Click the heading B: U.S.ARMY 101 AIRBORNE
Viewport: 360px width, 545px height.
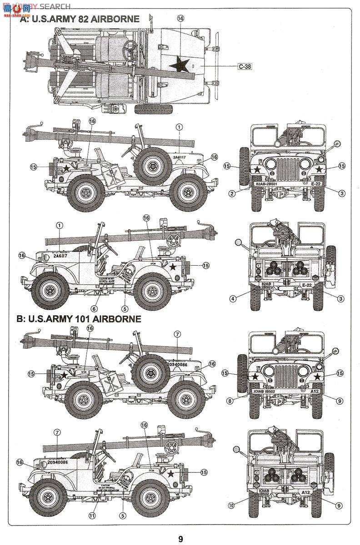(79, 319)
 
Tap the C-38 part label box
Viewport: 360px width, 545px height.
(244, 66)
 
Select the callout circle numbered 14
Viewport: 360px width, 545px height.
(181, 19)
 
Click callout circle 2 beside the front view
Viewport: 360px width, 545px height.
(232, 193)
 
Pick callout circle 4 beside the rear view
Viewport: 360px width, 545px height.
(232, 299)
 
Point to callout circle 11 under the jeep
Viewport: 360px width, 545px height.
(92, 515)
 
